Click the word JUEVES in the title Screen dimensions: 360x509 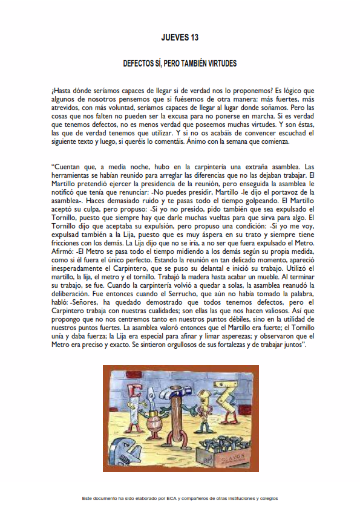174,37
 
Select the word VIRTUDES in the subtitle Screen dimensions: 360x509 220,63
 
